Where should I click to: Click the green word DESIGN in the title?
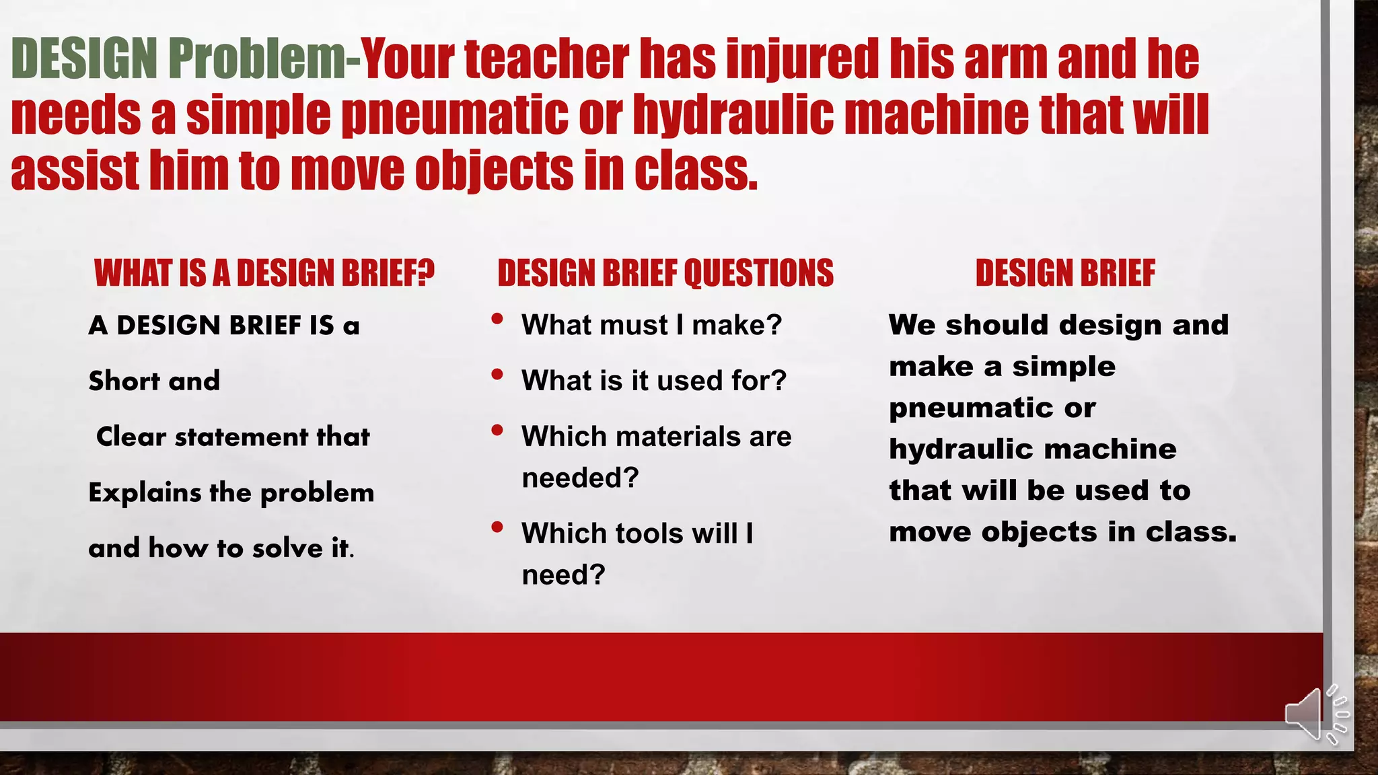point(85,59)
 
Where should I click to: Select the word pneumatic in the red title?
point(455,114)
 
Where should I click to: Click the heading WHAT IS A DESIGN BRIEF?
point(264,273)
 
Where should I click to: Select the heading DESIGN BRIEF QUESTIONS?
point(665,273)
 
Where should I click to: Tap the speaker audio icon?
point(1314,715)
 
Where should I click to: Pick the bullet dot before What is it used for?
point(497,375)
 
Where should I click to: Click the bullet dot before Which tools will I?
point(497,527)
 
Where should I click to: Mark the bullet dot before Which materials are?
point(497,431)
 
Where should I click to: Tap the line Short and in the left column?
point(154,381)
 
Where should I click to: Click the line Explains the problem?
point(231,493)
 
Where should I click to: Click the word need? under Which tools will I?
point(563,575)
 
